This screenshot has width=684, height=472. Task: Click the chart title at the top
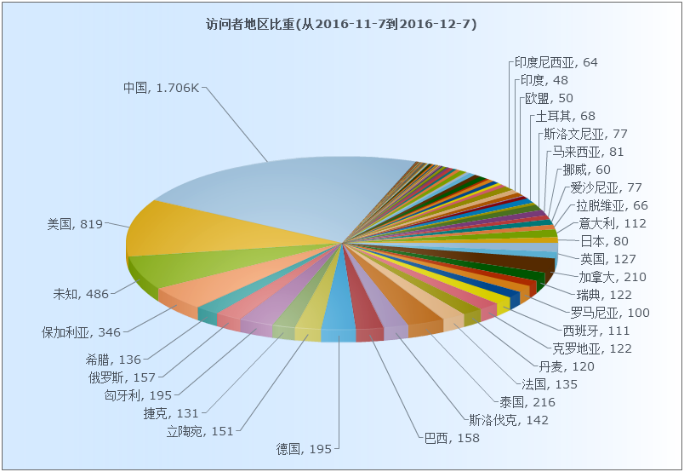click(x=341, y=24)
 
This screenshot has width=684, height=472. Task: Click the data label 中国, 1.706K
click(x=161, y=87)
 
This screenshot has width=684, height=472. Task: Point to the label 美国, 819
click(x=75, y=224)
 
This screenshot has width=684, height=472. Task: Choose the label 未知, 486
click(x=81, y=294)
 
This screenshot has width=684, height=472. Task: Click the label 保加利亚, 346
click(x=82, y=331)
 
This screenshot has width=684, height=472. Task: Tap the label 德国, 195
click(x=304, y=448)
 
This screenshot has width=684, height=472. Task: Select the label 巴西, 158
click(x=452, y=438)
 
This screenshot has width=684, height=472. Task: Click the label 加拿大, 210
click(x=613, y=277)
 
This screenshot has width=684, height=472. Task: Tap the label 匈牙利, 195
click(x=138, y=394)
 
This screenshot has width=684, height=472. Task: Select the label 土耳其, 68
click(x=565, y=116)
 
